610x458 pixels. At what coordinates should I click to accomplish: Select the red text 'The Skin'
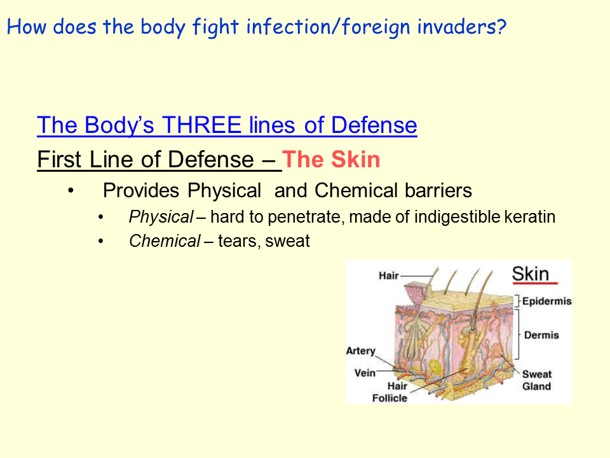click(331, 159)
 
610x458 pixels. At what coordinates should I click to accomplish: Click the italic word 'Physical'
click(160, 217)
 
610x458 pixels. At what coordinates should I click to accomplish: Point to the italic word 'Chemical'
click(165, 241)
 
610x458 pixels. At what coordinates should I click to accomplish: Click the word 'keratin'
click(529, 217)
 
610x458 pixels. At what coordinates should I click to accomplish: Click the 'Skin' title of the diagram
click(531, 274)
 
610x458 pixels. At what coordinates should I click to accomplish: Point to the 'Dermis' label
click(541, 335)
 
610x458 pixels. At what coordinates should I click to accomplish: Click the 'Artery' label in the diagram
click(360, 351)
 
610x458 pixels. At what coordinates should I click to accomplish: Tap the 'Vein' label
click(365, 373)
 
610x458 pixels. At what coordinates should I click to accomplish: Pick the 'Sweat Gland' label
click(537, 380)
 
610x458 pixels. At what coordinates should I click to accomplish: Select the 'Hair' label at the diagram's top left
click(389, 276)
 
